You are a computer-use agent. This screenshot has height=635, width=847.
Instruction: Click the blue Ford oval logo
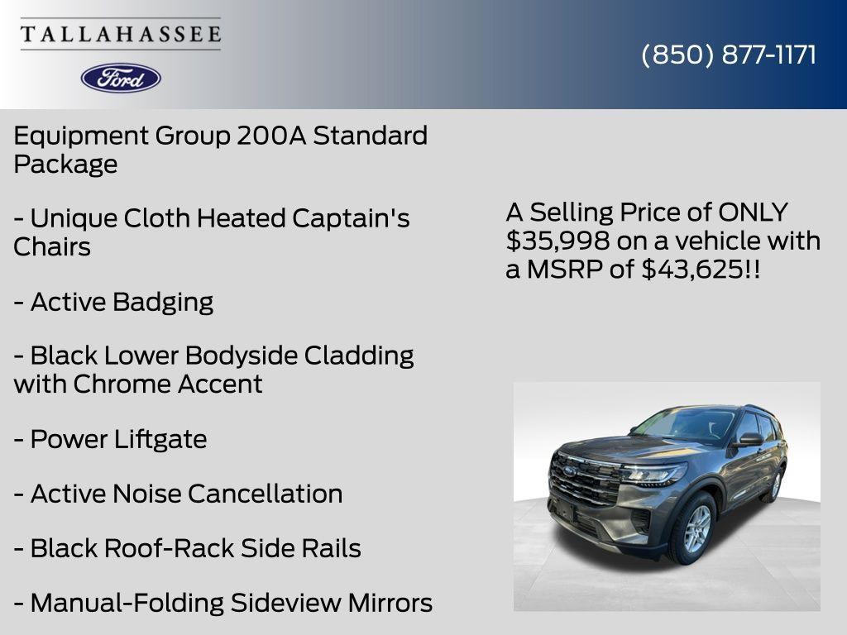pos(121,78)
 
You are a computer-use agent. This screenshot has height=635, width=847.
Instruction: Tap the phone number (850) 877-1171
pos(729,55)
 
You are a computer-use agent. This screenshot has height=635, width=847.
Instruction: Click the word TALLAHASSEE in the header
pos(121,35)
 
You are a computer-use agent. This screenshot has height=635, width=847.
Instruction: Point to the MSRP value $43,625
pos(693,269)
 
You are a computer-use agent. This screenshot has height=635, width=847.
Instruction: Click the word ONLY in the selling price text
pos(753,212)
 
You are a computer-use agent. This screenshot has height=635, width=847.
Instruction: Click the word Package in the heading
pos(65,165)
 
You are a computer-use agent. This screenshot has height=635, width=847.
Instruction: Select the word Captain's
pos(351,219)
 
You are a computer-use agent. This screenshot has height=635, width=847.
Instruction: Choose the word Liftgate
pos(160,439)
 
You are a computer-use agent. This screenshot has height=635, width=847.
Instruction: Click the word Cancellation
pos(265,494)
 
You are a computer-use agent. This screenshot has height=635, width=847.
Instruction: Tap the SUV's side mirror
pos(749,439)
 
